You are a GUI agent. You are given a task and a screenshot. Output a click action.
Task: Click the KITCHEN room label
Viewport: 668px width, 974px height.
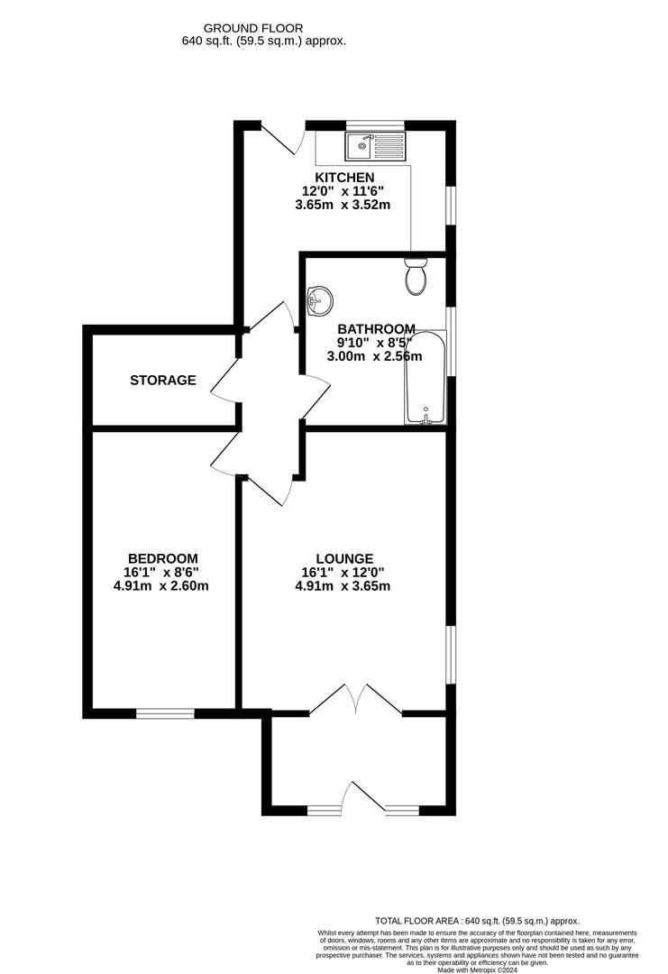point(344,177)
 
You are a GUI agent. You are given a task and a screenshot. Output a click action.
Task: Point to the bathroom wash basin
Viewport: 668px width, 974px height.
point(318,300)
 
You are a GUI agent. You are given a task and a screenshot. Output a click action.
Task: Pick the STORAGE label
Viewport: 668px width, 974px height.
point(162,381)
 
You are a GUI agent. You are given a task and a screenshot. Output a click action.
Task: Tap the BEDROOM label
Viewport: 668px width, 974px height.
point(162,559)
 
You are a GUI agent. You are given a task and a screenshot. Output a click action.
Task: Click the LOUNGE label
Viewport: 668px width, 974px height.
point(344,559)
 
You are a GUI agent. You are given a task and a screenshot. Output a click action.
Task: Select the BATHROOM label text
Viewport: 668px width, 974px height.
point(376,329)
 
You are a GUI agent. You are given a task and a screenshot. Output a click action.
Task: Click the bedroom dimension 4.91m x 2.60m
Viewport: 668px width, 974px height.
point(162,586)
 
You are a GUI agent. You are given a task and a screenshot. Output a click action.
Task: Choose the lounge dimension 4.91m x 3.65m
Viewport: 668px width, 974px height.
point(343,586)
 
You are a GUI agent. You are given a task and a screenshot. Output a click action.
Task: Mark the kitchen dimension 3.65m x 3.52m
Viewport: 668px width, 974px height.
point(343,205)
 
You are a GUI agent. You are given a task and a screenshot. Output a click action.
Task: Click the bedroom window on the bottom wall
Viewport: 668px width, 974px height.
point(165,713)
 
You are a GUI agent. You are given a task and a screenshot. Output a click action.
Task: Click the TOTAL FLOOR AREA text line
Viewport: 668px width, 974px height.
point(477,921)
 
